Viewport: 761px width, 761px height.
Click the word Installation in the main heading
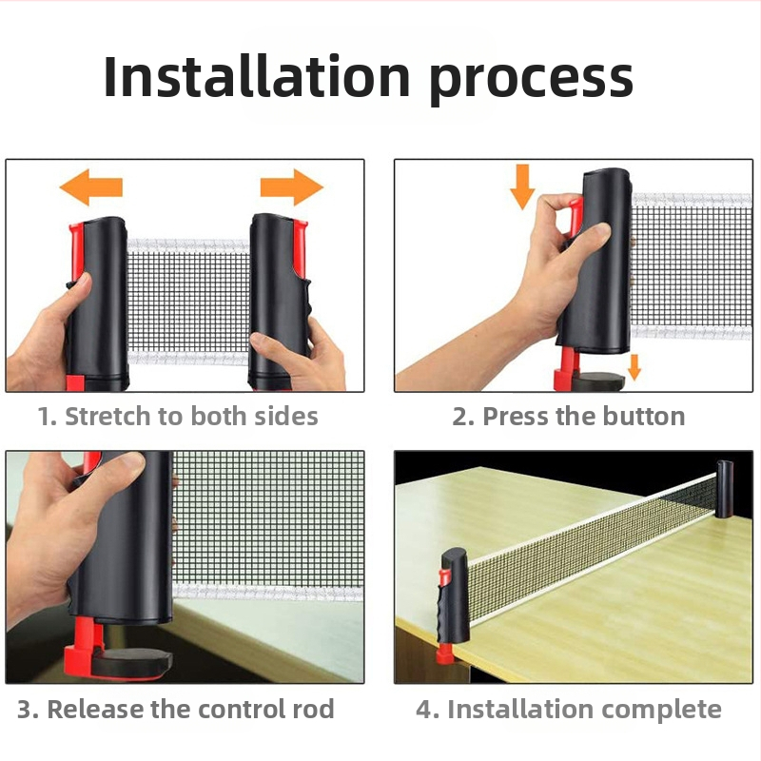(257, 77)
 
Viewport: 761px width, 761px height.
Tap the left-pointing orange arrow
(90, 187)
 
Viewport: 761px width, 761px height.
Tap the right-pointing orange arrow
(292, 187)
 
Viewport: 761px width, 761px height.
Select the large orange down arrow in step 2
(522, 186)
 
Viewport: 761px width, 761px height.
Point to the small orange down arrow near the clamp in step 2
(634, 367)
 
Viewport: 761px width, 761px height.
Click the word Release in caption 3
(95, 709)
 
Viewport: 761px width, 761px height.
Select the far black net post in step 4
(724, 489)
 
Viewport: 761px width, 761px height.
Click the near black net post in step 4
(454, 595)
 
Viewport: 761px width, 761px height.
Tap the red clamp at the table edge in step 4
(443, 653)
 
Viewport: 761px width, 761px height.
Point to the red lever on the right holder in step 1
(300, 248)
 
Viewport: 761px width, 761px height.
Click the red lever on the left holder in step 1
(76, 252)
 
